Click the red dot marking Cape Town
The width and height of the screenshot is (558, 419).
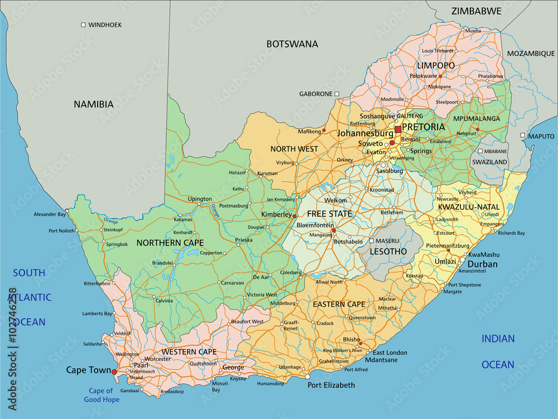[114, 372]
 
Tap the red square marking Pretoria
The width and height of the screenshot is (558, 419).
[397, 130]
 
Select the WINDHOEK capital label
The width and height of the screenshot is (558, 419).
[105, 25]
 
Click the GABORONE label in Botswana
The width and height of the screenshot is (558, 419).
[316, 94]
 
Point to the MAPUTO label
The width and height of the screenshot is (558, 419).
[541, 136]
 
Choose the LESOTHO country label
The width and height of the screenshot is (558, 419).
[388, 251]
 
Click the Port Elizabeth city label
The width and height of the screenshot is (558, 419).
[331, 385]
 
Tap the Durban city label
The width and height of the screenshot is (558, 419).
[482, 264]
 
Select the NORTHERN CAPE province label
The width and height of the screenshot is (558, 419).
[170, 242]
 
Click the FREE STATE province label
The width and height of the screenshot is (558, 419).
[329, 213]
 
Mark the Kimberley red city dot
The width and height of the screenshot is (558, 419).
[295, 216]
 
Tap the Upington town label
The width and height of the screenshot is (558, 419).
[200, 199]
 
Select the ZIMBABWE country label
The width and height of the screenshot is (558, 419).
[476, 11]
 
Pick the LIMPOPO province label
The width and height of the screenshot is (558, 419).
[436, 65]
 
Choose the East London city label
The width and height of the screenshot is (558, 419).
[390, 353]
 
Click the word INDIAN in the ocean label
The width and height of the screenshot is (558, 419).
[498, 338]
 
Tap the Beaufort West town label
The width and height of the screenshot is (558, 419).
[247, 321]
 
